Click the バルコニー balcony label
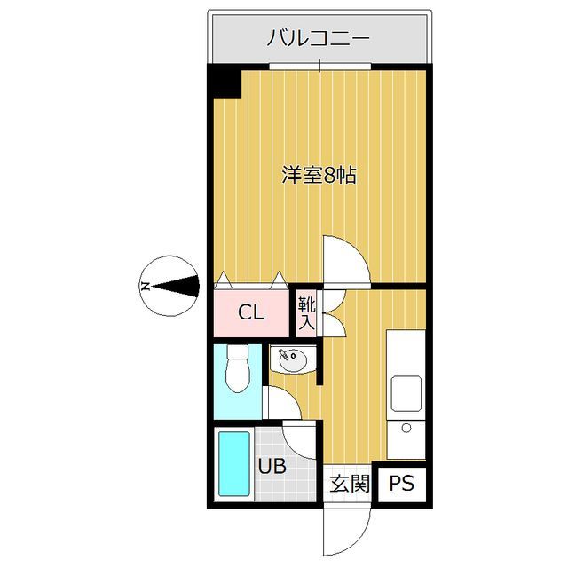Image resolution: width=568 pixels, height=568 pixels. point(319,39)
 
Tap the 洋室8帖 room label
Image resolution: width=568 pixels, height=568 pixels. point(319,175)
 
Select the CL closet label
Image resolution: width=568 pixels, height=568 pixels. point(251,312)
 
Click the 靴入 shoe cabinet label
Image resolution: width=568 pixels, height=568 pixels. point(306,312)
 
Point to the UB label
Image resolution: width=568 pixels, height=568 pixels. point(272,466)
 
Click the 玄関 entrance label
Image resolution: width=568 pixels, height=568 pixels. point(349,485)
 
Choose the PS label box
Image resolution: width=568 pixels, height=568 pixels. point(401,485)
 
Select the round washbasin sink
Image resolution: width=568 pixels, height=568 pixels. point(292,361)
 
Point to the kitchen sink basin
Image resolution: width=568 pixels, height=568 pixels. point(407,393)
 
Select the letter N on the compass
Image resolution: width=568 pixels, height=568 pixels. point(144,286)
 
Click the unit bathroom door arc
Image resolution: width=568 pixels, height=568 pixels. point(299,439)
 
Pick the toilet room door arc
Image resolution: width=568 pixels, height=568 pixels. point(282,405)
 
